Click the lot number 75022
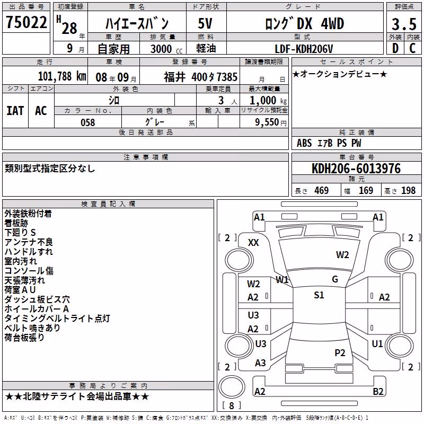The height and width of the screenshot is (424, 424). point(26,22)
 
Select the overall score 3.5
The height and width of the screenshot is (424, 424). point(404,24)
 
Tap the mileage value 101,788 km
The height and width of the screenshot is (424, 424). point(62,76)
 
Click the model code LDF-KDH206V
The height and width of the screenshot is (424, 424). point(304,49)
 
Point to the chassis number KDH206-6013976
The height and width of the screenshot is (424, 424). point(356,169)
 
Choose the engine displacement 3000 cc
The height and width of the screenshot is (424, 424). point(166,49)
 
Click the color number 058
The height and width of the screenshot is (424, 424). point(88,122)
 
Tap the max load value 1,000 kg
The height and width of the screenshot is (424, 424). point(268,101)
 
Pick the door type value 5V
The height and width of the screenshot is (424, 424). point(205,23)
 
